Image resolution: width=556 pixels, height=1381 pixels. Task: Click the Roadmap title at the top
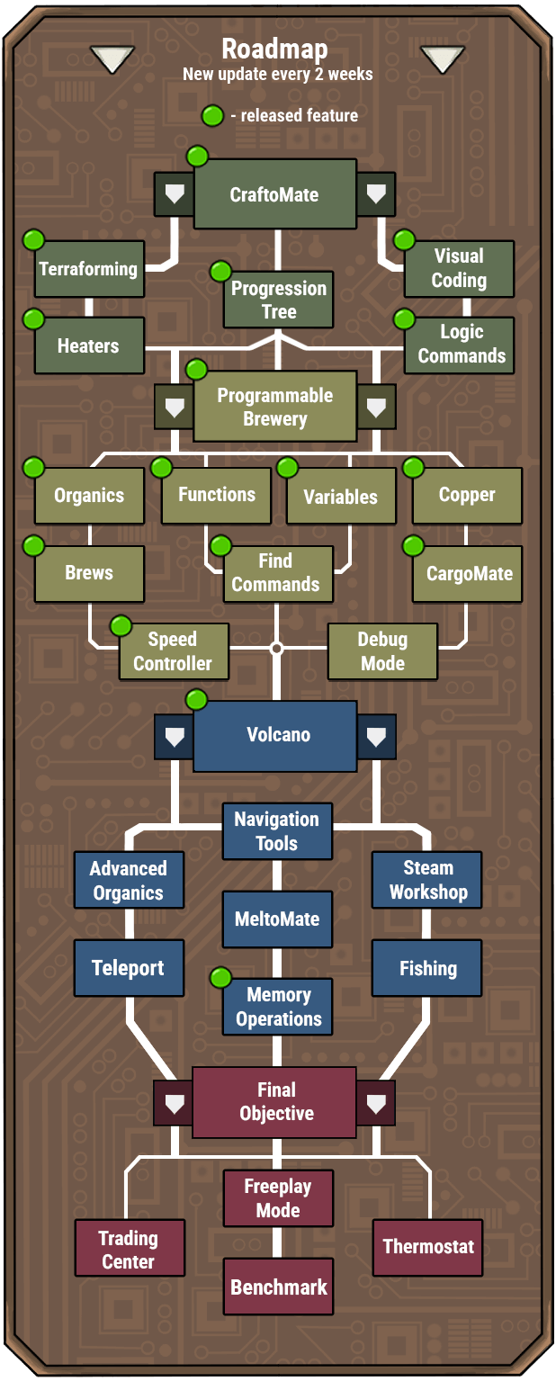tap(274, 49)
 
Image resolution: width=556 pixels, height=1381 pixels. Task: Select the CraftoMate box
tap(274, 194)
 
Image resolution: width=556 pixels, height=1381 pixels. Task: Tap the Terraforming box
tap(88, 269)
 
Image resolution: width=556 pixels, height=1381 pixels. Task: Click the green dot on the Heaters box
tap(34, 318)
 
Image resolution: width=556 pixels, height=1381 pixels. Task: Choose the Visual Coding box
tap(459, 268)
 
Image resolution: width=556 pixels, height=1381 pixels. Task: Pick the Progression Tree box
tap(279, 300)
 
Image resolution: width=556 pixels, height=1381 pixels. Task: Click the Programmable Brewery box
tap(274, 408)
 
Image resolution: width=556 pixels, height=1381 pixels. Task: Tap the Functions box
tap(216, 495)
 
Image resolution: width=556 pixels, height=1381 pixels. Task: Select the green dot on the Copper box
tap(413, 468)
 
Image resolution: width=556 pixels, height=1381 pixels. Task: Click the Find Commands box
tap(275, 573)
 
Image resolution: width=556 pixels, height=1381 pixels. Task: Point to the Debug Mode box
tap(382, 651)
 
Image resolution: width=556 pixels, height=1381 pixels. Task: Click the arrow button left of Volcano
tap(173, 736)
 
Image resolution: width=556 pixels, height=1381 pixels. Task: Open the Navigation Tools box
tap(277, 831)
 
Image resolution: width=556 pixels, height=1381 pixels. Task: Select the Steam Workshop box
tap(428, 880)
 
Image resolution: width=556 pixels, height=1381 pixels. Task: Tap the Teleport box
tap(128, 968)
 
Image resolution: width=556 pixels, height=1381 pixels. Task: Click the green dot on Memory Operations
tap(220, 977)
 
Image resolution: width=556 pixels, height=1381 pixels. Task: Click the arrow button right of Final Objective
tap(376, 1102)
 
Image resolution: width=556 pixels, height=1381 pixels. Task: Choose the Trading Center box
tap(128, 1250)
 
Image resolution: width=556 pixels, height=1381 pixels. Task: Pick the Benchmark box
tap(279, 1287)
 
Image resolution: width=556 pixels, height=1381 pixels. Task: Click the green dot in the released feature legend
tap(212, 115)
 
